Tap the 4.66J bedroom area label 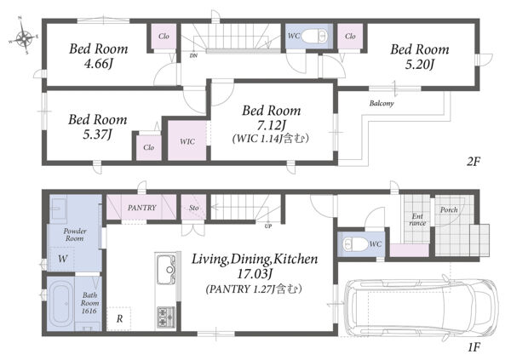pyautogui.click(x=99, y=64)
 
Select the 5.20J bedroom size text pyautogui.click(x=419, y=65)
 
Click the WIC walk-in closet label pyautogui.click(x=187, y=142)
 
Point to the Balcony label pyautogui.click(x=382, y=103)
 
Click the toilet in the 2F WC pyautogui.click(x=314, y=36)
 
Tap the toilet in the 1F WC pyautogui.click(x=354, y=244)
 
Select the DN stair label pyautogui.click(x=193, y=55)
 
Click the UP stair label pyautogui.click(x=268, y=226)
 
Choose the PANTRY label pyautogui.click(x=142, y=208)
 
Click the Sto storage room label pyautogui.click(x=194, y=208)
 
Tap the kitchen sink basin pyautogui.click(x=167, y=270)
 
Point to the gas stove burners pyautogui.click(x=166, y=317)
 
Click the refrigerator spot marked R pyautogui.click(x=119, y=318)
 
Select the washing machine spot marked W pyautogui.click(x=62, y=259)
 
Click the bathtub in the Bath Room pyautogui.click(x=61, y=304)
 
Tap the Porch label pyautogui.click(x=449, y=210)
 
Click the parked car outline pyautogui.click(x=421, y=308)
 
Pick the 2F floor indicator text pyautogui.click(x=474, y=161)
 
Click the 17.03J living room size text pyautogui.click(x=254, y=274)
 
